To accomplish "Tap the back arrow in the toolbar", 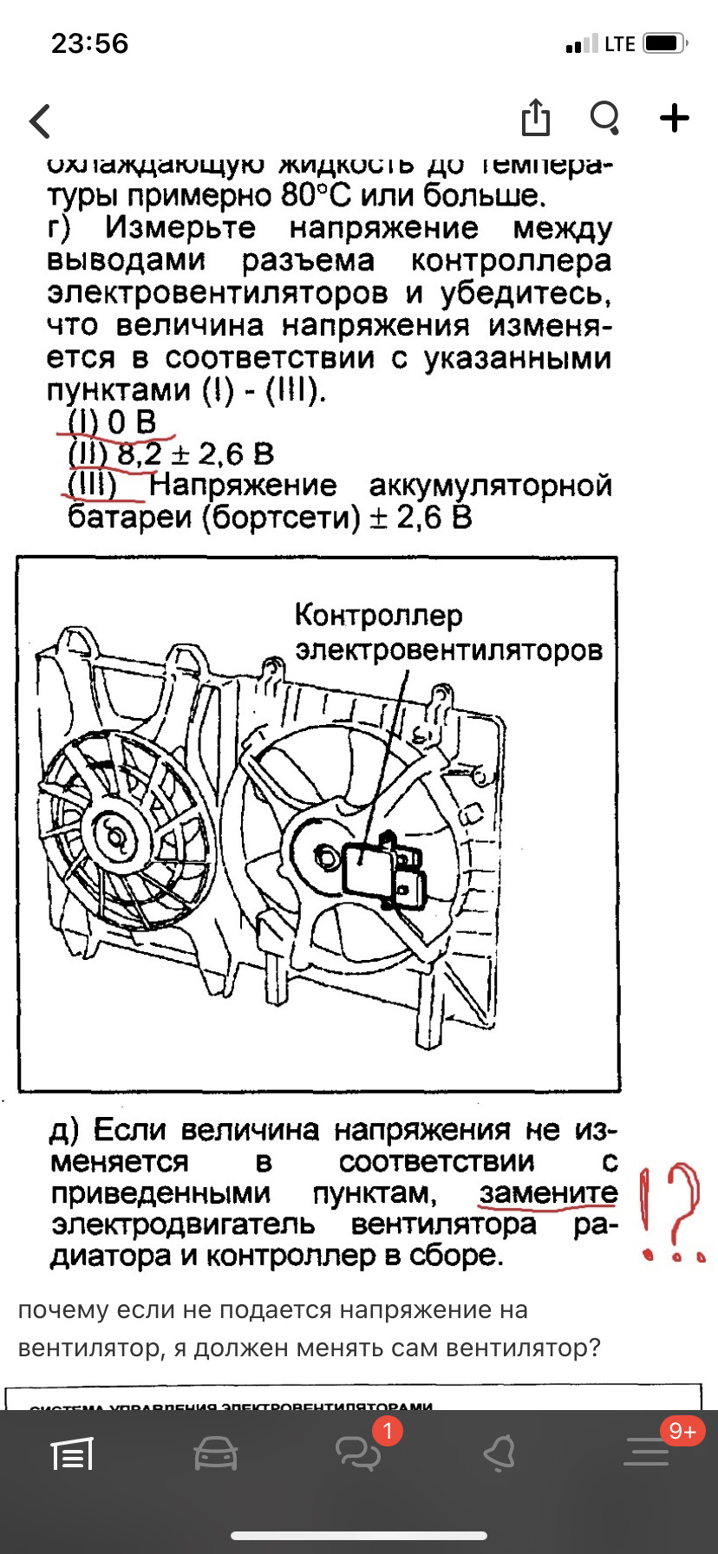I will [x=40, y=121].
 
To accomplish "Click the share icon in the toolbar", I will [x=536, y=118].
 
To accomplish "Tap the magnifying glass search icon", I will [x=604, y=118].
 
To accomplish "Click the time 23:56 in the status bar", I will [x=89, y=43].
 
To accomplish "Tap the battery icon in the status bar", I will [x=665, y=43].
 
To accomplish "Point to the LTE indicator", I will [x=619, y=44].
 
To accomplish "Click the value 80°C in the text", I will [x=316, y=195].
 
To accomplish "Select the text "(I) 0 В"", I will [x=112, y=422].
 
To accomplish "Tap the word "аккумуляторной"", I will [x=490, y=486].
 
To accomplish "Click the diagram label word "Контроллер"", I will [x=379, y=615].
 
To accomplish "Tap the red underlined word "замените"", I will [x=548, y=1193].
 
